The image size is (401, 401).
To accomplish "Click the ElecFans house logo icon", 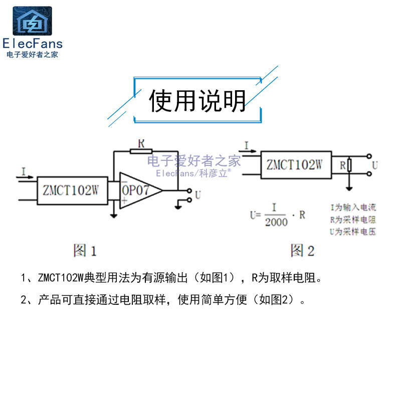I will [x=32, y=21].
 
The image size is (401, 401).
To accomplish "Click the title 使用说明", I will [x=197, y=101].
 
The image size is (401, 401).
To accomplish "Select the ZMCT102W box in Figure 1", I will [x=72, y=190].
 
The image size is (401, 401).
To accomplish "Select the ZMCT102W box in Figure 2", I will [x=295, y=165].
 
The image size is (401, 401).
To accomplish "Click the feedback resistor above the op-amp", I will [x=141, y=151].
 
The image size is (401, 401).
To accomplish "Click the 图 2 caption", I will [x=302, y=250].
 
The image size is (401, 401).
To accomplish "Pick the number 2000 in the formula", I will [x=277, y=222].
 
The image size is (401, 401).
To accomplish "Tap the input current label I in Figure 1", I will [x=24, y=171].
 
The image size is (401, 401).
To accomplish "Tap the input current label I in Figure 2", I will [x=247, y=145].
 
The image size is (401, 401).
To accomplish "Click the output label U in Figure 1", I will [x=198, y=195].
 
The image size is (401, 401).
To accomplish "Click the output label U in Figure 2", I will [x=374, y=165].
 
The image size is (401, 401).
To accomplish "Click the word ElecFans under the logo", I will [x=32, y=43].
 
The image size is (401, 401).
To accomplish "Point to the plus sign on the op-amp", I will [x=123, y=200].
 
